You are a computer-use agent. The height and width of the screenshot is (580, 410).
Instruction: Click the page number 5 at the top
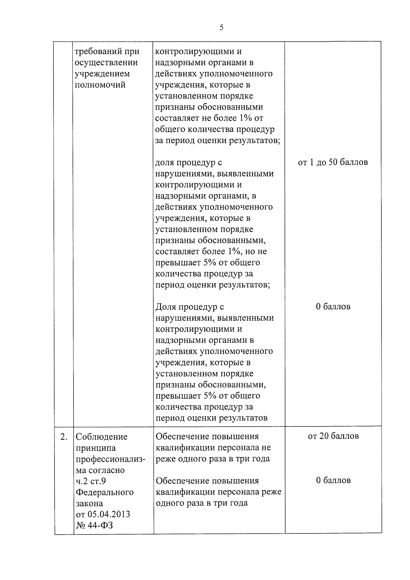click(221, 28)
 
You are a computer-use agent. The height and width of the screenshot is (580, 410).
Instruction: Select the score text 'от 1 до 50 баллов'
click(333, 162)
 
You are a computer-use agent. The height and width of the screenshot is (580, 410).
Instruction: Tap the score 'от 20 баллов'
click(333, 436)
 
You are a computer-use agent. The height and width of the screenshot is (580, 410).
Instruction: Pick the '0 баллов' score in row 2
click(333, 481)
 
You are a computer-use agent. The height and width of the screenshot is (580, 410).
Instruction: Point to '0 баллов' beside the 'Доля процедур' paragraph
click(333, 307)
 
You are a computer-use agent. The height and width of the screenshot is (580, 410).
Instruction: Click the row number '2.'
click(64, 436)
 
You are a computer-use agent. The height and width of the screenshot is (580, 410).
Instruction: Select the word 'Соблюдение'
click(101, 436)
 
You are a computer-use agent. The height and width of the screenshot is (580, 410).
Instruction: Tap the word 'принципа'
click(96, 448)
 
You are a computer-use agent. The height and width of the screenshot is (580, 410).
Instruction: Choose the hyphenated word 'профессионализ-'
click(110, 459)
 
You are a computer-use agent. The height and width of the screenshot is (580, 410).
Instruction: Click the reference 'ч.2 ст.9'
click(91, 481)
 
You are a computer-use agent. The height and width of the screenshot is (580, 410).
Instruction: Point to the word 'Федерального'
click(105, 493)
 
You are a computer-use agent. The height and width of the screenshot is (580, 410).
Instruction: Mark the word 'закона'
click(89, 503)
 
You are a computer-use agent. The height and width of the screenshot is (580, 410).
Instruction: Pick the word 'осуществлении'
click(106, 63)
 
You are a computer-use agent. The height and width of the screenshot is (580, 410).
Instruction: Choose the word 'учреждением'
click(102, 74)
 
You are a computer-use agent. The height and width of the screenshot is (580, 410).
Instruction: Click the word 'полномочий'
click(100, 85)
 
